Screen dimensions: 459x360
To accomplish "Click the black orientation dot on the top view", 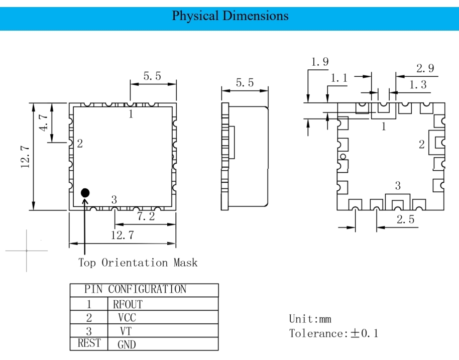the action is (85, 193).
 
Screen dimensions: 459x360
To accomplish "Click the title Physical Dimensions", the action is (230, 16).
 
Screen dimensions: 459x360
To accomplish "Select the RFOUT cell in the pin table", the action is (128, 304).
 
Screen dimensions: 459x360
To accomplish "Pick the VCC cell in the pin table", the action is (127, 317).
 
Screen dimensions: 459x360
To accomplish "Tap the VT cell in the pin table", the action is (126, 331).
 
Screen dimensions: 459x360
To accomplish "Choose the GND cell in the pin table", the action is (127, 344).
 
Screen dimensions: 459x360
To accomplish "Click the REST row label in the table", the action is (89, 343).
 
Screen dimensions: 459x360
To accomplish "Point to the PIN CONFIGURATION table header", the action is (135, 289).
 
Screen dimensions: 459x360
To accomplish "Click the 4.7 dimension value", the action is (43, 123).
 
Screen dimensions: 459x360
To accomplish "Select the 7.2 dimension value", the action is (146, 216).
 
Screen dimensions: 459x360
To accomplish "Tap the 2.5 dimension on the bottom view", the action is (405, 219).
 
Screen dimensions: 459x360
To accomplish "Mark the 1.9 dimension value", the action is (320, 62).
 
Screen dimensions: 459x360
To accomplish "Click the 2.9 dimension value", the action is (425, 68).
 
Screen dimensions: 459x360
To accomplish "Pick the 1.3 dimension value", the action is (418, 85).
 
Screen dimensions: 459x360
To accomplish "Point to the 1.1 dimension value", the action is (339, 78).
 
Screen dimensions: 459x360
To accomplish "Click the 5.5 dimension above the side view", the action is (245, 83).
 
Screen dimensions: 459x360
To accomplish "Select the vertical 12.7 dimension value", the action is (25, 157).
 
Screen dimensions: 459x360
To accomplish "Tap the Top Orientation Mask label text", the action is (138, 263).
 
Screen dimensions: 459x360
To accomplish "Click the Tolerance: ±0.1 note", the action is (334, 333).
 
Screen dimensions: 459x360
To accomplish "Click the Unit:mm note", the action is (310, 319).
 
